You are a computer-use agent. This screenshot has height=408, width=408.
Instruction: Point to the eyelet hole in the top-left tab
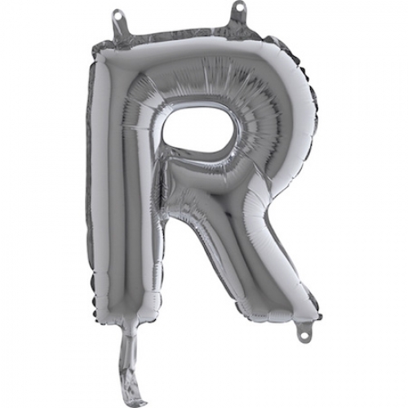tap(120, 15)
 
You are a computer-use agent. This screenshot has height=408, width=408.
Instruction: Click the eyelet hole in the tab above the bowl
tap(240, 10)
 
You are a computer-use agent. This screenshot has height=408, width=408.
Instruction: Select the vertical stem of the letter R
tap(122, 196)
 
